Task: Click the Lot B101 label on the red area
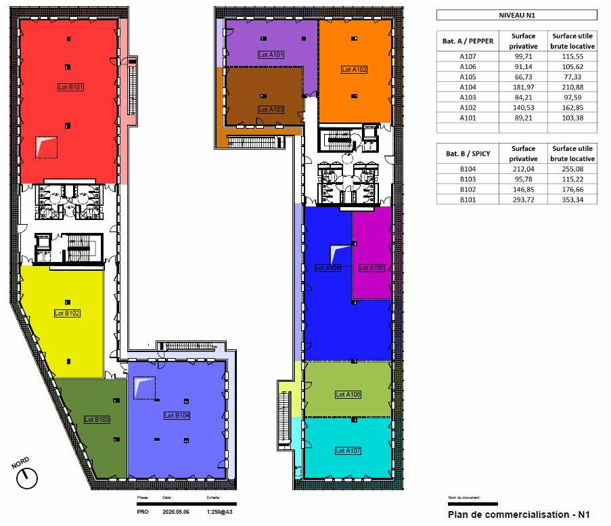[70, 87]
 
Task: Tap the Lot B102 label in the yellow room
[68, 313]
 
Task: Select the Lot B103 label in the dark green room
[97, 420]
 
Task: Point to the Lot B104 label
[177, 416]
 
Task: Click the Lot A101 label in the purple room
[271, 54]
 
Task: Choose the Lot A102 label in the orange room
[354, 70]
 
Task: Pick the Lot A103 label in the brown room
[271, 109]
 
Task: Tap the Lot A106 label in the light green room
[348, 395]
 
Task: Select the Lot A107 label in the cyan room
[348, 450]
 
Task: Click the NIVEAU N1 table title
[516, 15]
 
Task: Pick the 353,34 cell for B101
[572, 200]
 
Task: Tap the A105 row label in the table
[468, 76]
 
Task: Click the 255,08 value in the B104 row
[572, 169]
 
